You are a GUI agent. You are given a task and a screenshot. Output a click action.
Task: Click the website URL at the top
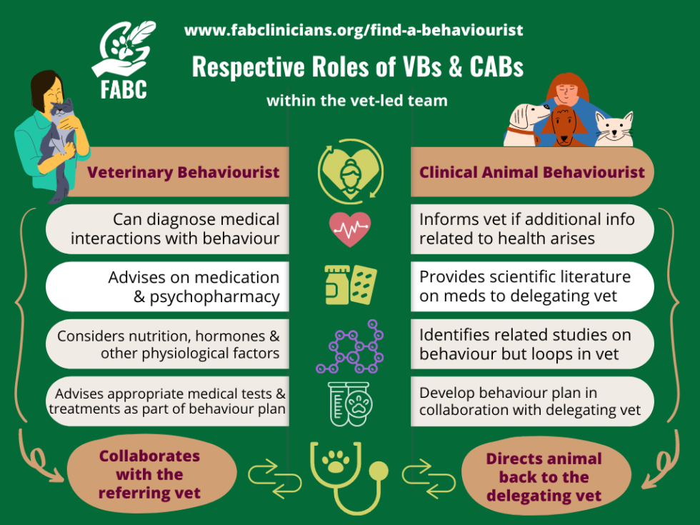(x=354, y=31)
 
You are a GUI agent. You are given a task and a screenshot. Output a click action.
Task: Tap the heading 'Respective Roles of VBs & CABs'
(x=358, y=67)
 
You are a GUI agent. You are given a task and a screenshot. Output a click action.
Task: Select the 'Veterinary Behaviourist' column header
(x=183, y=172)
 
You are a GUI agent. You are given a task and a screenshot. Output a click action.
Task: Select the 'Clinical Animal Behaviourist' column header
(x=531, y=172)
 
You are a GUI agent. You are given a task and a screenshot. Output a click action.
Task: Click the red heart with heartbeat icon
(x=350, y=229)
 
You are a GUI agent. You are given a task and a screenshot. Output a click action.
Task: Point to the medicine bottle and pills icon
(x=350, y=285)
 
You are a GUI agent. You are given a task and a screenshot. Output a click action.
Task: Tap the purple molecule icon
(x=350, y=347)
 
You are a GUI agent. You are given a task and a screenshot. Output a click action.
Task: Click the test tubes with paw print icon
(x=350, y=404)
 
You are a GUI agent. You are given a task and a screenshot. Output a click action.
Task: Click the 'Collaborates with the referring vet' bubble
(x=149, y=474)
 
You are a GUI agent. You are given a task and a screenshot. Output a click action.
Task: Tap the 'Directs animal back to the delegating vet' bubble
(x=544, y=477)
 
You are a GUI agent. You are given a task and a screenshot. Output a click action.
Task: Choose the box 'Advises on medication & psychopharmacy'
(x=168, y=286)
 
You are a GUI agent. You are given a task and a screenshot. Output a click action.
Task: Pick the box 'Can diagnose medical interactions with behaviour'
(x=168, y=229)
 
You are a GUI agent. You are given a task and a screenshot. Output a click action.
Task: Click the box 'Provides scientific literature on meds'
(x=531, y=286)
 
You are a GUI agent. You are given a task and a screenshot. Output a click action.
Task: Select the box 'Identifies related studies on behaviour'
(x=531, y=344)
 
